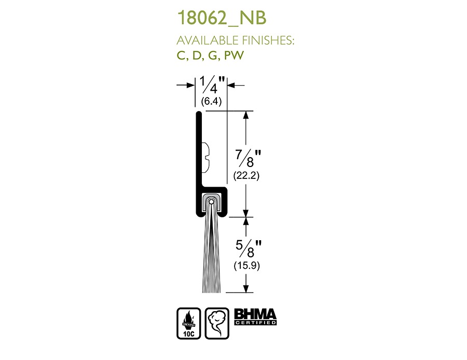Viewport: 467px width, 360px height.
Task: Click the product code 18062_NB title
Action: (222, 18)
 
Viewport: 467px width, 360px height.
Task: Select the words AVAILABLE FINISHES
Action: (235, 40)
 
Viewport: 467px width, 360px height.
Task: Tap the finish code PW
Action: (234, 56)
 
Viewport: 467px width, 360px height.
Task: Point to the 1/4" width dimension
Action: (212, 85)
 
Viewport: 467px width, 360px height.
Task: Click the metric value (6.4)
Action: (211, 102)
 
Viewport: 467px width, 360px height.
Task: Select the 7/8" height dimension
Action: (248, 158)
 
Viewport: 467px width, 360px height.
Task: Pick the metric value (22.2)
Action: (246, 175)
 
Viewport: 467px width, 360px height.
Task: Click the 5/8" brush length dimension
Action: (249, 248)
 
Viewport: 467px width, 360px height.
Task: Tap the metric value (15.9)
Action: (246, 265)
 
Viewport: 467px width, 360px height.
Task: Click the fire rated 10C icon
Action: (189, 323)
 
